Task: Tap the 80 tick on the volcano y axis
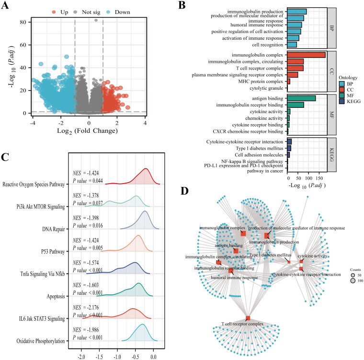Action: (22, 22)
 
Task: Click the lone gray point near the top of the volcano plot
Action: (96, 21)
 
